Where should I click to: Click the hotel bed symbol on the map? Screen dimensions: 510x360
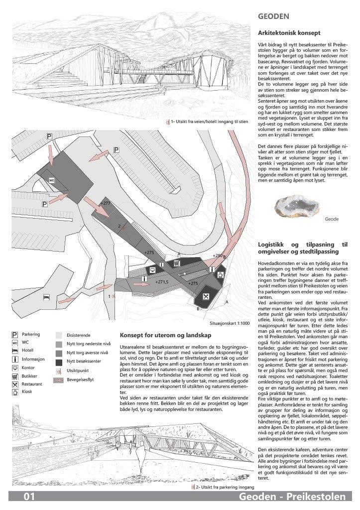(46, 297)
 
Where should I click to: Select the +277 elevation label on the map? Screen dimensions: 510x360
(105, 204)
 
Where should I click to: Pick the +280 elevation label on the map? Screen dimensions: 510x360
(218, 256)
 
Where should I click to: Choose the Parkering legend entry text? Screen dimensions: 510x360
(31, 335)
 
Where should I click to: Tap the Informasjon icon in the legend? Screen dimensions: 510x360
(14, 360)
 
